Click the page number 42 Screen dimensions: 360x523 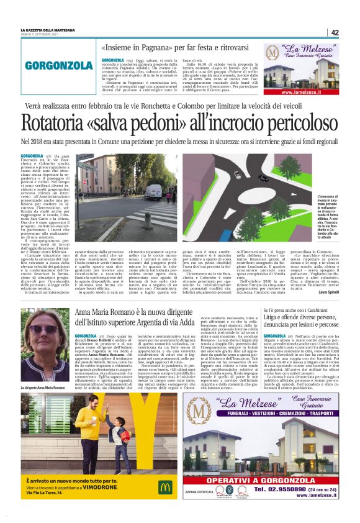335,32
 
